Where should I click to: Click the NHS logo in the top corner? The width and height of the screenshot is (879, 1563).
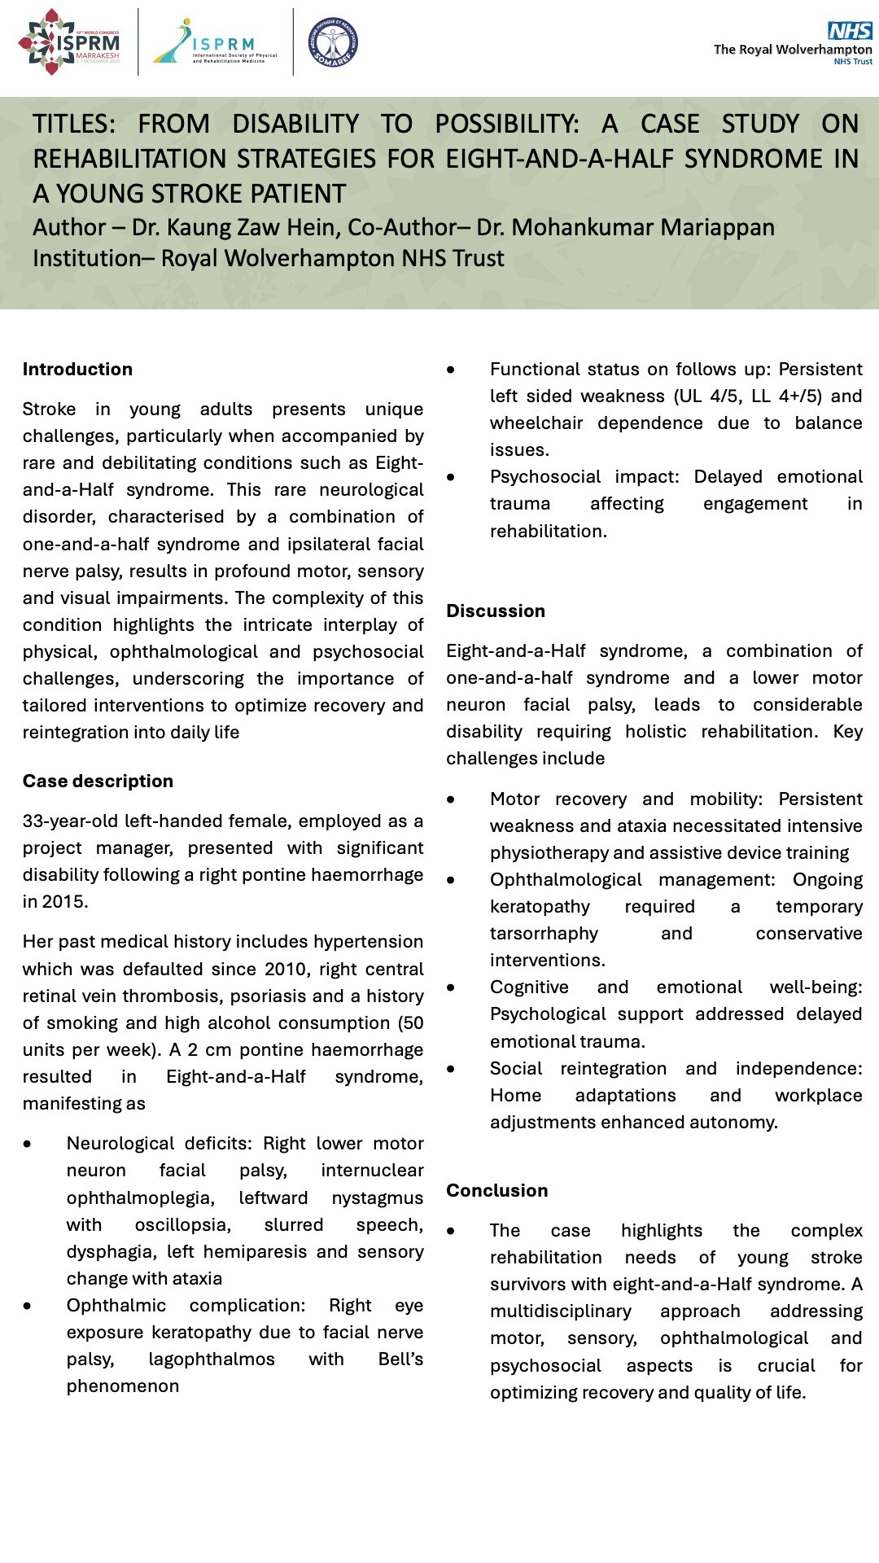tap(849, 31)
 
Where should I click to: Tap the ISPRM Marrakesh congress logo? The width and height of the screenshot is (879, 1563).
tap(70, 43)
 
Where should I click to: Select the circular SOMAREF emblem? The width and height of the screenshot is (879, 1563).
tap(333, 43)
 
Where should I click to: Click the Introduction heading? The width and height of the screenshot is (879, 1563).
tap(77, 370)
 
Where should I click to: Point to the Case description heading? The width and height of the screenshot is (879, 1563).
tap(98, 781)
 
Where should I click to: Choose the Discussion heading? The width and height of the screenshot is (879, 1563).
tap(496, 611)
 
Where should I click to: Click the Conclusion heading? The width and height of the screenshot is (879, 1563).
tap(497, 1191)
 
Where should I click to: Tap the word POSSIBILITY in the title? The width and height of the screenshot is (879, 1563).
tap(506, 124)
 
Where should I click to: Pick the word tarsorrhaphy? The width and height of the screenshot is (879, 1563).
tap(544, 934)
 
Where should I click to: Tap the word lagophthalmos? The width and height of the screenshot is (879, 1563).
tap(212, 1359)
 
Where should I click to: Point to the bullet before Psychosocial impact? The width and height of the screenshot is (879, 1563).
tap(451, 477)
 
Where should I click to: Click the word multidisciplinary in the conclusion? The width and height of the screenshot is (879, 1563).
tap(560, 1311)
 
